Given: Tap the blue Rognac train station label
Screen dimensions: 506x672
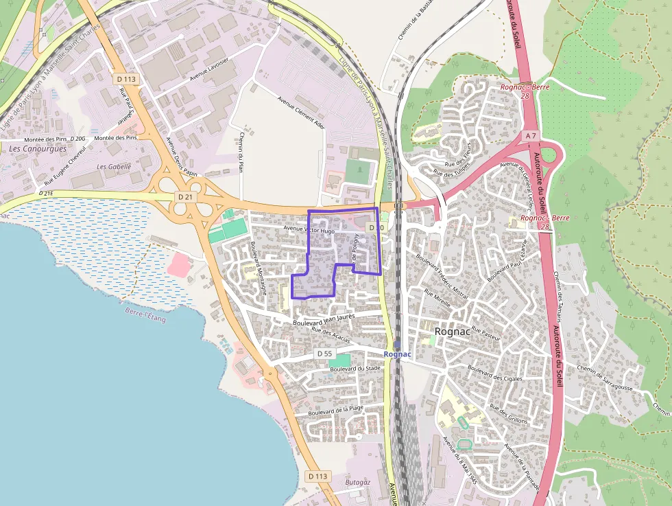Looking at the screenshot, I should point(398,354).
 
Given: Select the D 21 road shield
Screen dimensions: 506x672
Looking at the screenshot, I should point(184,197).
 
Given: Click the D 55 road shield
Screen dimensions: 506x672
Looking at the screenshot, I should point(324,354).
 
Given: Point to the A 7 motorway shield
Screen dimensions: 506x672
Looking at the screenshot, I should point(531,136).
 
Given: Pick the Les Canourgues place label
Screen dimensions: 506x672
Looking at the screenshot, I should point(38,149).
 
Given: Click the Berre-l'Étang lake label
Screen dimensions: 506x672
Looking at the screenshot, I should point(145,315).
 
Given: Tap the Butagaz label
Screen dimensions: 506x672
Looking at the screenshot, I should point(358,482).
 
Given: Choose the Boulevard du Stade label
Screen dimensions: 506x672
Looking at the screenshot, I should point(355,369).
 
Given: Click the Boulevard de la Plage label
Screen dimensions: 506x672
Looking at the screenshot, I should point(335,411).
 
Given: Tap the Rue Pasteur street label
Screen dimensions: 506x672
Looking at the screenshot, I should point(486,334).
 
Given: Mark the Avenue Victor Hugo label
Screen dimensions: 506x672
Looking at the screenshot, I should point(309,231).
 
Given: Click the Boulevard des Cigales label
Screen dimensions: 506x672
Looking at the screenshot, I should point(495,374).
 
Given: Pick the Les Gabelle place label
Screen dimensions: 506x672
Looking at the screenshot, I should point(114,166).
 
